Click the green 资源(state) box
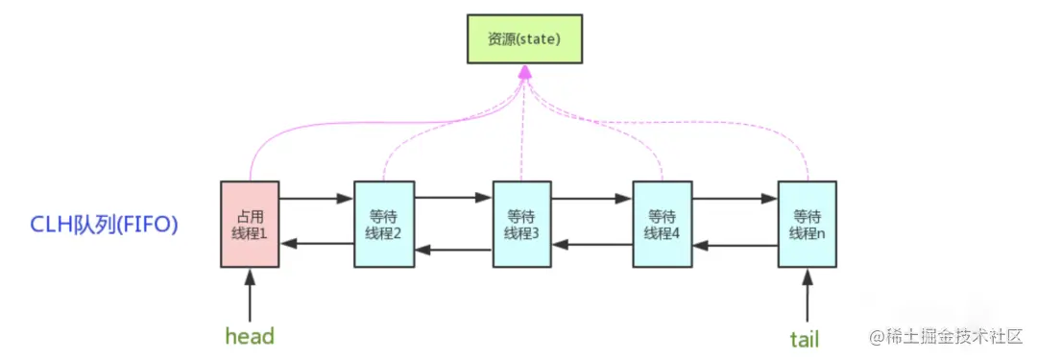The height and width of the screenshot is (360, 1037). [524, 41]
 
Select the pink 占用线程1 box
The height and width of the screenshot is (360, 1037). [251, 223]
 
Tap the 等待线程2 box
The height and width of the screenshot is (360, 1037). [384, 223]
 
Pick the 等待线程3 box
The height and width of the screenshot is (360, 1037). [522, 223]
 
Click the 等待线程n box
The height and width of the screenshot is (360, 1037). [808, 223]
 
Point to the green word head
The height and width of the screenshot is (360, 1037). [250, 336]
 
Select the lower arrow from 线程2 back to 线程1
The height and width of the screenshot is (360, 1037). [317, 244]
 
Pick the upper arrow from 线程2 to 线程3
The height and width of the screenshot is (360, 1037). [453, 200]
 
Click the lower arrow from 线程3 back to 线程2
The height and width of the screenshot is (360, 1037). [453, 250]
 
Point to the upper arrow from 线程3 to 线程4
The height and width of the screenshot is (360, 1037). [592, 200]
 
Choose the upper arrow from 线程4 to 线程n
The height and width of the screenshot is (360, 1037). [735, 200]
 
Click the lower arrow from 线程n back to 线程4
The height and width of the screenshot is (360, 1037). [735, 245]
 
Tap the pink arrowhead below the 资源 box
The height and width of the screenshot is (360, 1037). [524, 73]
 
